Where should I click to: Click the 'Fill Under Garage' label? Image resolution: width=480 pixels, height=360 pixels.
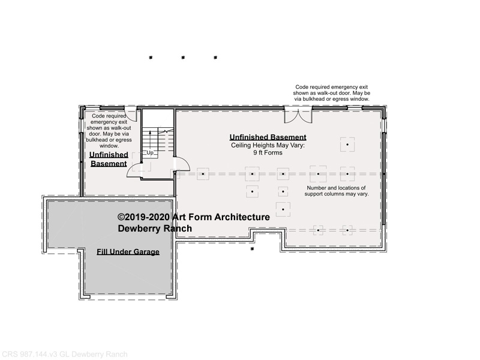coord(128,251)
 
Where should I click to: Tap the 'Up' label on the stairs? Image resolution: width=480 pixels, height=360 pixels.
coord(150,152)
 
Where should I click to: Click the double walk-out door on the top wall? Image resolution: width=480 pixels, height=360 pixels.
coord(298,115)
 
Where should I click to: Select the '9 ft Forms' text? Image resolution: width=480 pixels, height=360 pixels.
coord(268,152)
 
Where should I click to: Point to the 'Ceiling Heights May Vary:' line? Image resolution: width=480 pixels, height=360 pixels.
coord(268,145)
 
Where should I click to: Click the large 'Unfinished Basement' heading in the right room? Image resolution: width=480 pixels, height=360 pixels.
coord(268,137)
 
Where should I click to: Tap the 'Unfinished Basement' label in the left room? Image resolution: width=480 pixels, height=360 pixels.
coord(109,159)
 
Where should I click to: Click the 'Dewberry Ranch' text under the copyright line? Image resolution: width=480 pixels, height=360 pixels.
coord(155,229)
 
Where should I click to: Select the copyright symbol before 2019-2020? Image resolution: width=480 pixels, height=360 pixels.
coord(121,217)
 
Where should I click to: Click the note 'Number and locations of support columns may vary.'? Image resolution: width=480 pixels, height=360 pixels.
coord(337,191)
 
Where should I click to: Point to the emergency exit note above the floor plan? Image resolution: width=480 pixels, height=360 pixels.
coord(332,93)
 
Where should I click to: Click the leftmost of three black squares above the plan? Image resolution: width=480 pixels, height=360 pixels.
coord(151,57)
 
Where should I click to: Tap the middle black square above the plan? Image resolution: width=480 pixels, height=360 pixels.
coord(183,57)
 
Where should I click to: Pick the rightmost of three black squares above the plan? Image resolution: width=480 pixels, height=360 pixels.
coord(215,57)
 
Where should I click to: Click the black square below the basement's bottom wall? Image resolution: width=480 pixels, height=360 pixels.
coord(252,249)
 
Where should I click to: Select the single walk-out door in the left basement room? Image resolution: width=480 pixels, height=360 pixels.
coord(130,113)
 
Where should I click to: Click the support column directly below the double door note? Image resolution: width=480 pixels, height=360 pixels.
coord(347,145)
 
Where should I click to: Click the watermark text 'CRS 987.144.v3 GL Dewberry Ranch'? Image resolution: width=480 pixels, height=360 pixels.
coord(64,355)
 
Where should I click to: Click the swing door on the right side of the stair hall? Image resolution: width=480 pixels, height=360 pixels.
coord(182,164)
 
